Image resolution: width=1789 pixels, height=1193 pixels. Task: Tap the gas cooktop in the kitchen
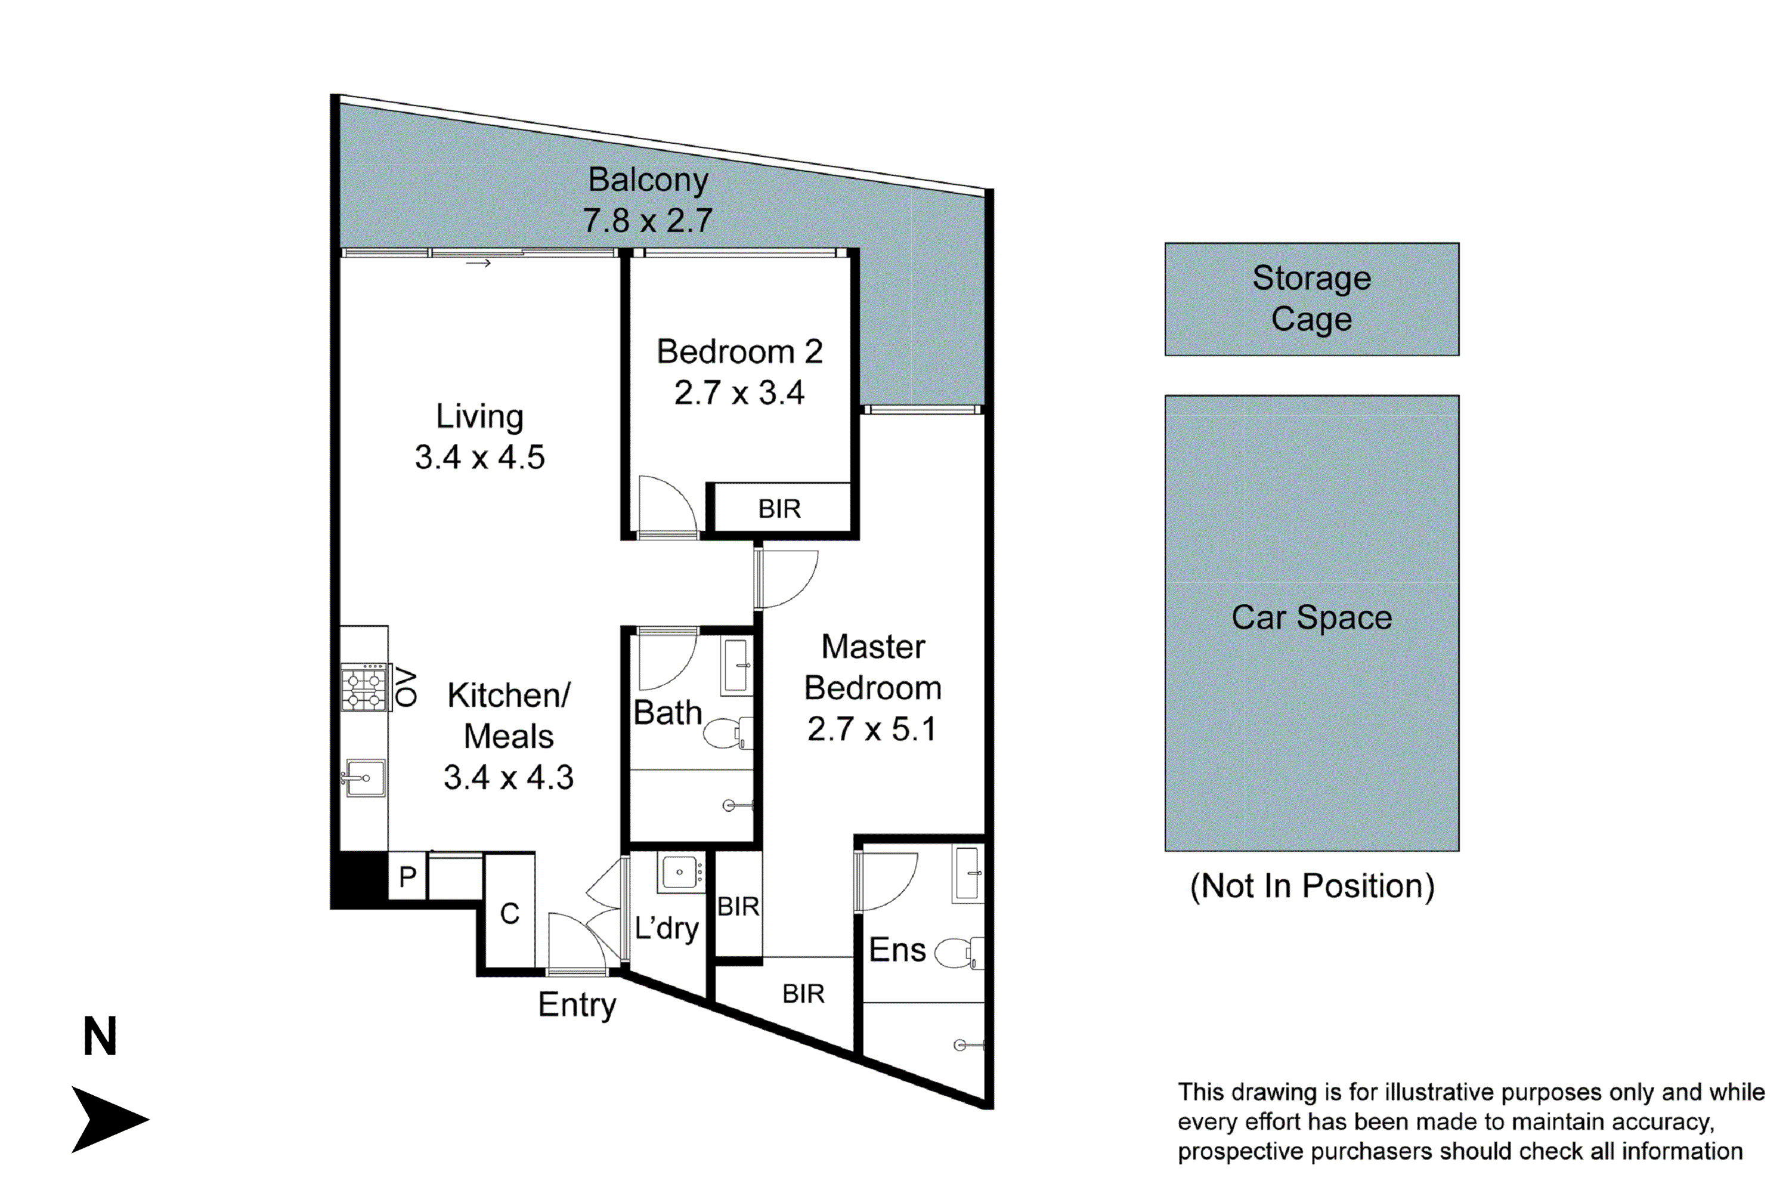[364, 688]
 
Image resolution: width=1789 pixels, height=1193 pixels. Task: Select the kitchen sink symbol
[365, 778]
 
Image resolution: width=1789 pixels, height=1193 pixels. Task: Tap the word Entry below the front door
[577, 1005]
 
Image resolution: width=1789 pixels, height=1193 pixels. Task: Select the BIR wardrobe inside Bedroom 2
[779, 508]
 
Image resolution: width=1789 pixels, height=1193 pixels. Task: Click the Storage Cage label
[1311, 298]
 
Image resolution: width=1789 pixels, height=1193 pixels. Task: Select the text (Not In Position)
[1311, 886]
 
